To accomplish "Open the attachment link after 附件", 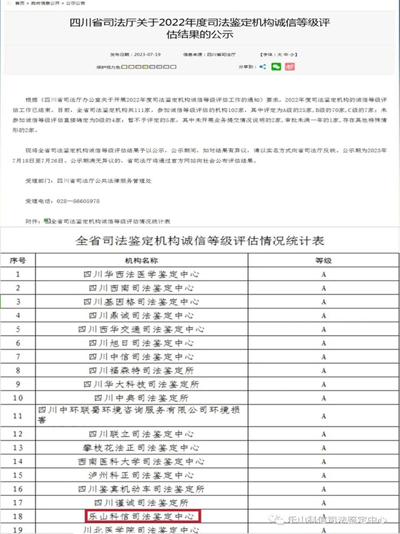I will tap(111, 220).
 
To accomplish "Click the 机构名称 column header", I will tap(141, 260).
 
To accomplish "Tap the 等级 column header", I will tap(323, 260).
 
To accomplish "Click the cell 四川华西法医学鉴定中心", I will tap(141, 274).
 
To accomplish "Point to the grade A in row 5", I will tap(323, 329).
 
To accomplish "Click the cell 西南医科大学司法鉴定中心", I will tap(141, 461).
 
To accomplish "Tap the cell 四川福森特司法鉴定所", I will tap(141, 370).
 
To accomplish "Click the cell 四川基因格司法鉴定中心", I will tap(141, 302).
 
